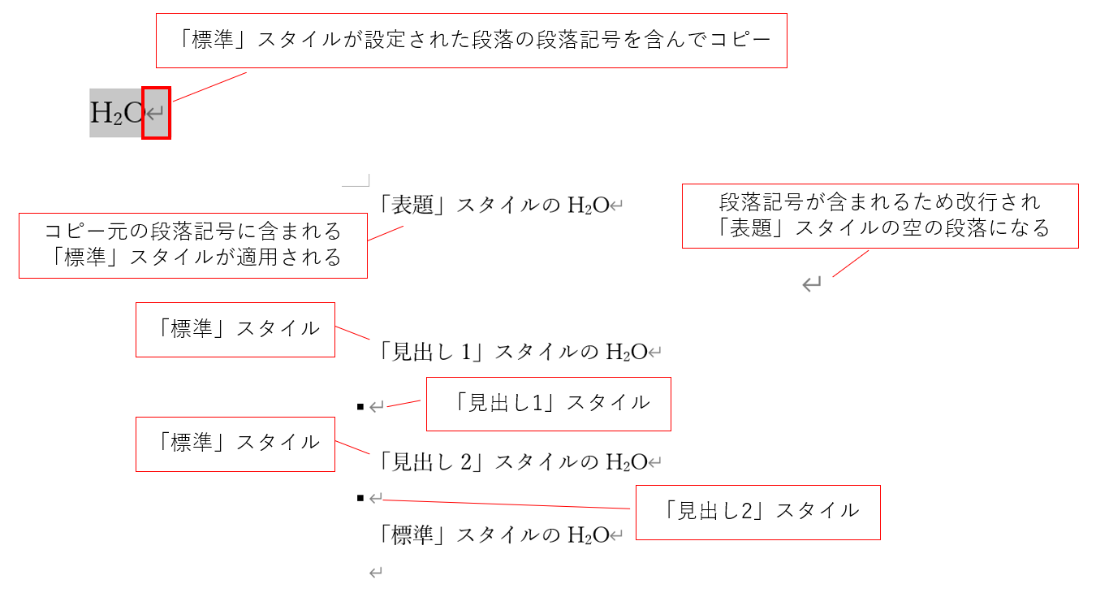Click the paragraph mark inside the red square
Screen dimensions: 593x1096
pos(156,113)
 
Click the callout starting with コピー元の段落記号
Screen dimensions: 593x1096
pos(193,245)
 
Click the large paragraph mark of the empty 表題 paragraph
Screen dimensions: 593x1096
pos(811,284)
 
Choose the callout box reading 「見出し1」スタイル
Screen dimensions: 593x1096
pos(549,403)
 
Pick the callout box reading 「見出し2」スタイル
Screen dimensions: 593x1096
pos(757,511)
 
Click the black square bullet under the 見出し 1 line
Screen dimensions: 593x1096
pos(360,406)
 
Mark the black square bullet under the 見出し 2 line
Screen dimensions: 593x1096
pos(360,497)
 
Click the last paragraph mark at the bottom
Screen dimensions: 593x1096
pos(375,574)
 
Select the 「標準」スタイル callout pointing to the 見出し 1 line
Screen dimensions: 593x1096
pos(235,329)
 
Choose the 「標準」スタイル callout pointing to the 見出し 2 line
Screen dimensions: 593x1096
pos(235,443)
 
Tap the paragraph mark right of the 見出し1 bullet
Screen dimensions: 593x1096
pos(376,406)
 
